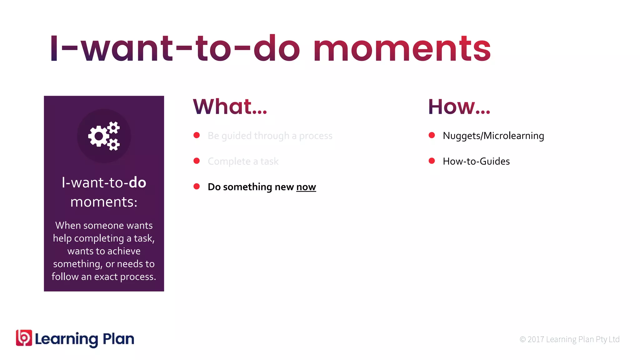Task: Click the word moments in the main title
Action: pyautogui.click(x=402, y=49)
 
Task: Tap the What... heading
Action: pyautogui.click(x=230, y=107)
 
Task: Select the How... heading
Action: pyautogui.click(x=459, y=107)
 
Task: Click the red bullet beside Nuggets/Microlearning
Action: pyautogui.click(x=432, y=135)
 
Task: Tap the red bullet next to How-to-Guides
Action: pyautogui.click(x=432, y=161)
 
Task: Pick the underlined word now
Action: pyautogui.click(x=306, y=187)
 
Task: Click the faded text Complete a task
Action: pyautogui.click(x=243, y=161)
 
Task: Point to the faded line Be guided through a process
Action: pyautogui.click(x=270, y=136)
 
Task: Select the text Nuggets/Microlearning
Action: pyautogui.click(x=493, y=136)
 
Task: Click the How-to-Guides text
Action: pyautogui.click(x=476, y=161)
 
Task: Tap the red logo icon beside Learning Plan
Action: pyautogui.click(x=24, y=338)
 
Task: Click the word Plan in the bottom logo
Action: pyautogui.click(x=118, y=339)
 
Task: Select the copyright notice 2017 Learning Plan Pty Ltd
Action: pyautogui.click(x=569, y=339)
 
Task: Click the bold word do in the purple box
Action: pyautogui.click(x=137, y=182)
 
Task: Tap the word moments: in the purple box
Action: pyautogui.click(x=104, y=202)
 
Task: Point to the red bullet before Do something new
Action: pyautogui.click(x=197, y=187)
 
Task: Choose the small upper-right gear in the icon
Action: pyautogui.click(x=114, y=127)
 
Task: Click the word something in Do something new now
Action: pyautogui.click(x=247, y=187)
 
